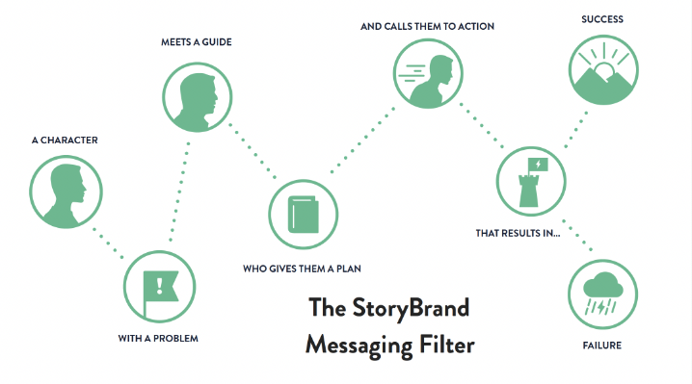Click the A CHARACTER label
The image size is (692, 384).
pyautogui.click(x=65, y=141)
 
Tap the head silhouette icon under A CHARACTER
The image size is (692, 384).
pyautogui.click(x=66, y=191)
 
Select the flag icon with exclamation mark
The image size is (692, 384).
pyautogui.click(x=158, y=287)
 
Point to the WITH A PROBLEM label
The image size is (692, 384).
pyautogui.click(x=158, y=339)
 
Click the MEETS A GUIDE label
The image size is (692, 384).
pyautogui.click(x=198, y=43)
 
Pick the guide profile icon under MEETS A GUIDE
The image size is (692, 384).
pyautogui.click(x=198, y=94)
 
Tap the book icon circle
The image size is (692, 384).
pyautogui.click(x=303, y=215)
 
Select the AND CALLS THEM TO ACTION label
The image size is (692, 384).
pyautogui.click(x=427, y=26)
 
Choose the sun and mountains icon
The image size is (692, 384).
pyautogui.click(x=602, y=73)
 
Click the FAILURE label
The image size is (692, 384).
pyautogui.click(x=601, y=345)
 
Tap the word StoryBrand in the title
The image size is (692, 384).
pyautogui.click(x=415, y=309)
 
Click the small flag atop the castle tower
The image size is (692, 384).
pyautogui.click(x=538, y=165)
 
